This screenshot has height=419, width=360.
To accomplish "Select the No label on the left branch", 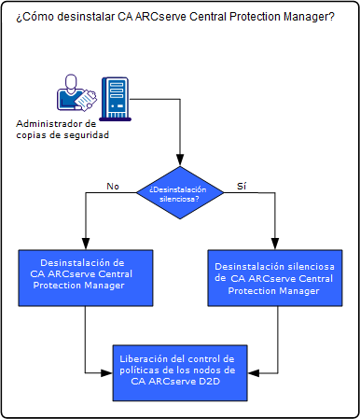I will [x=113, y=186].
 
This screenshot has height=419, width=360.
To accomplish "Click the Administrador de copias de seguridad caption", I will [x=62, y=130].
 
